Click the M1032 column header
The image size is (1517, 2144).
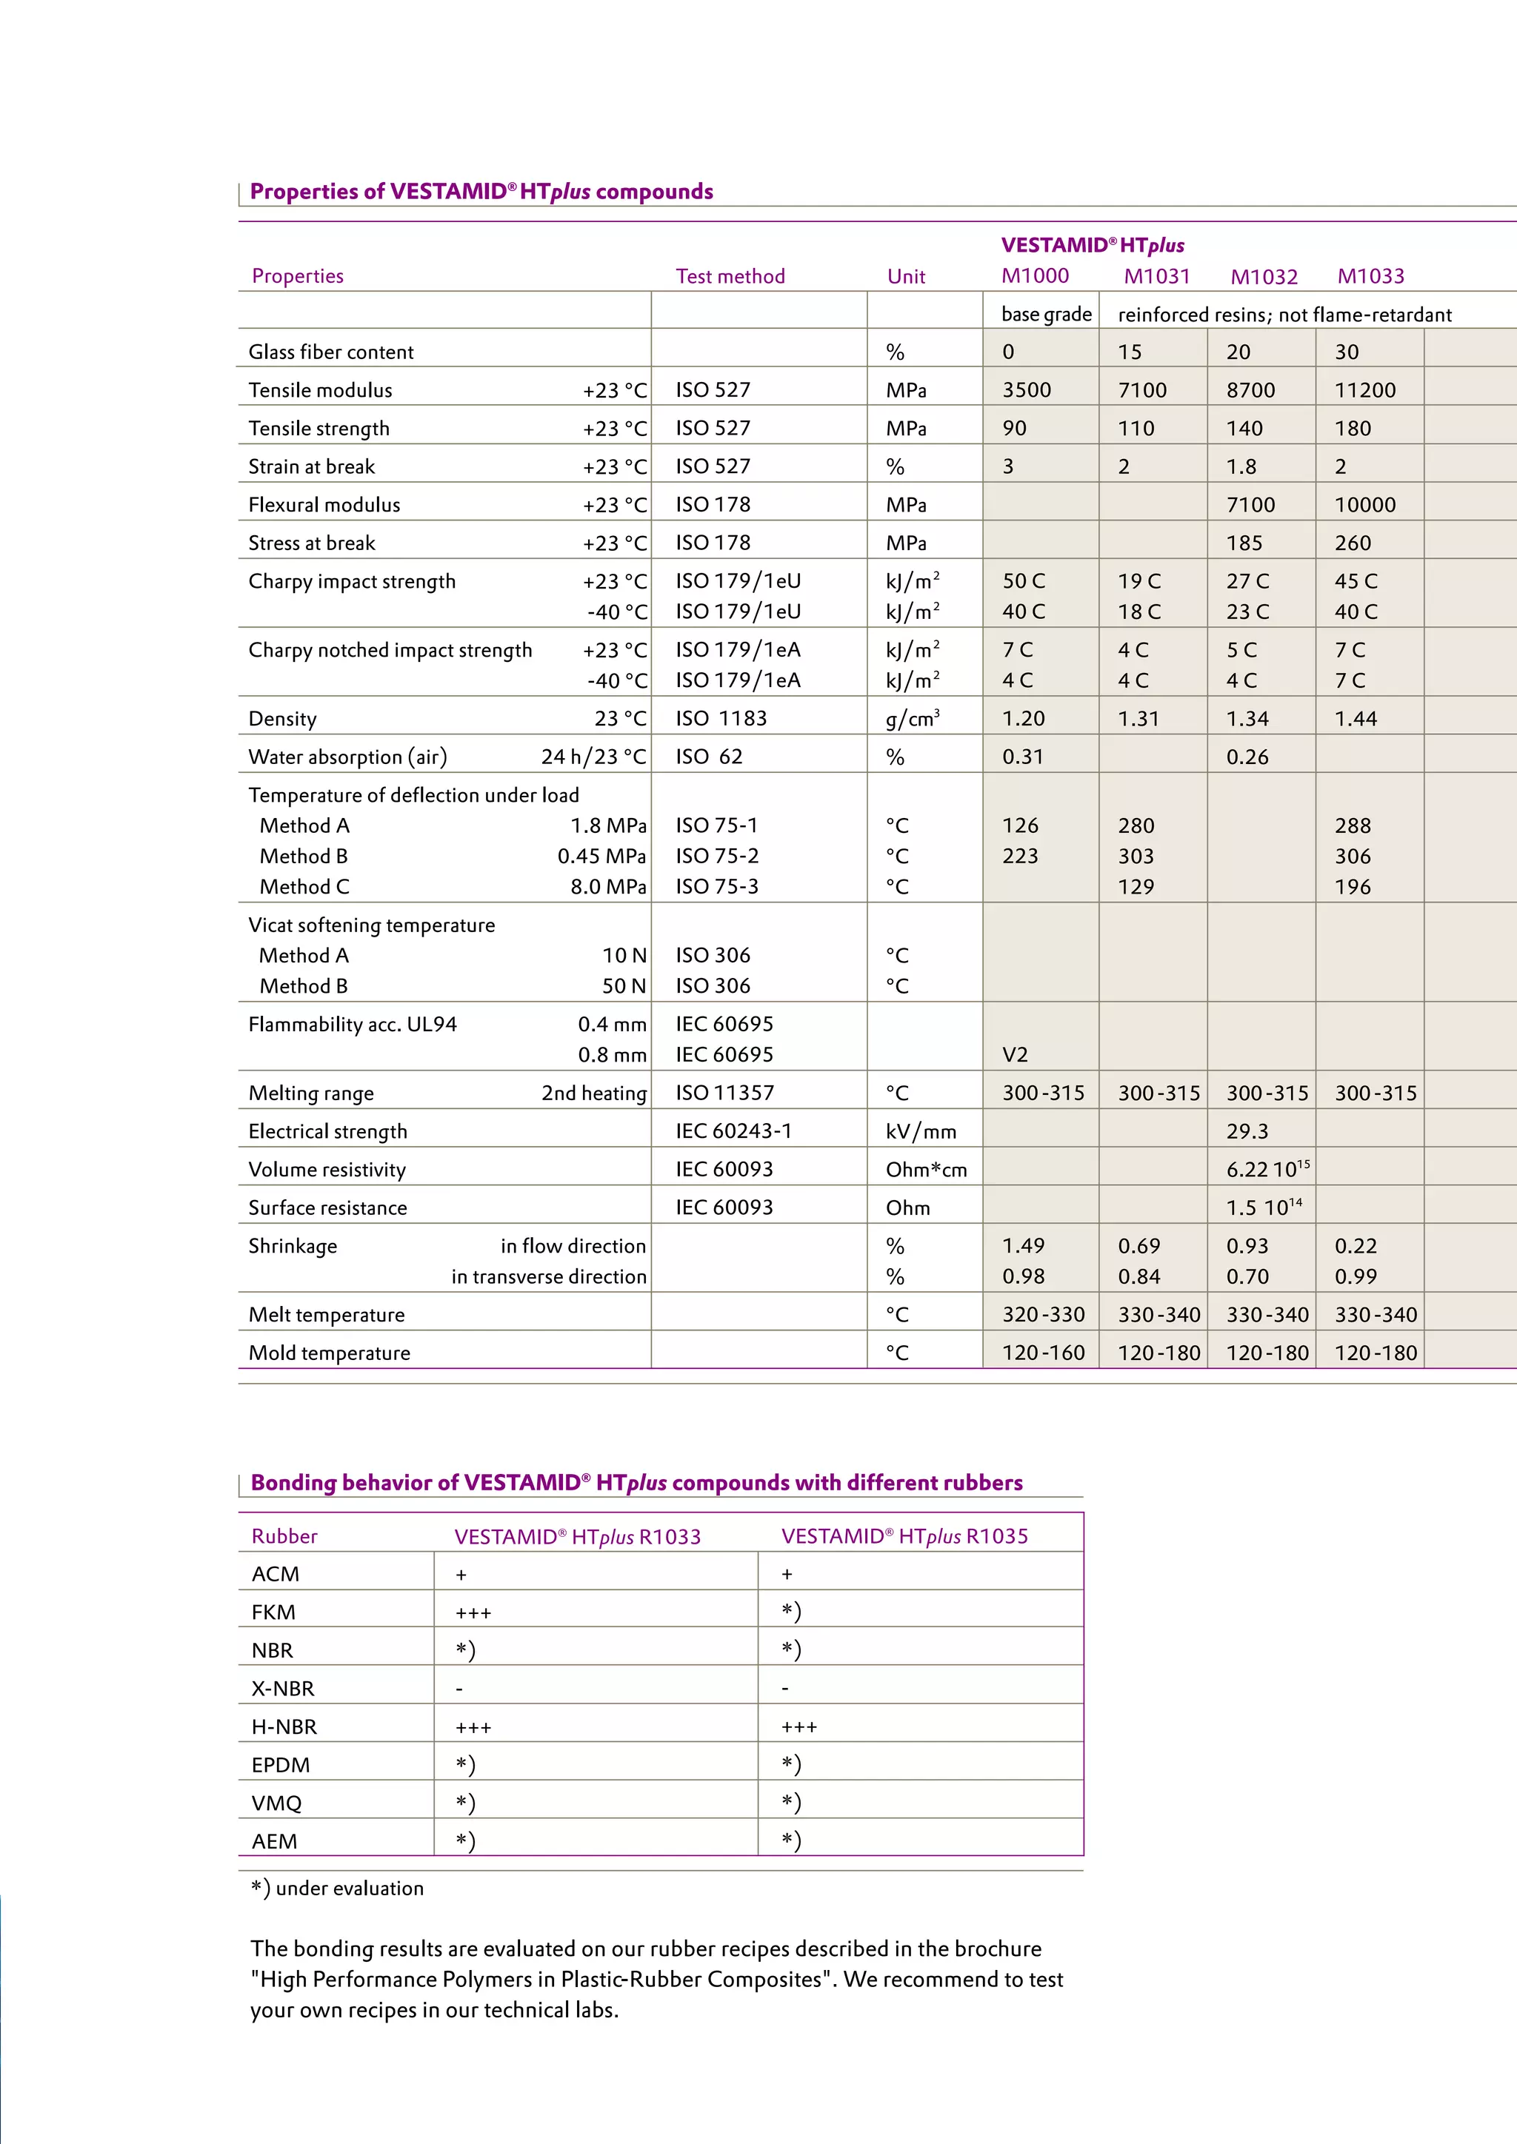click(x=1264, y=276)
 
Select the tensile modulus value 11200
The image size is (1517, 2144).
click(x=1364, y=390)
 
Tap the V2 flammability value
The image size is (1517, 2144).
click(x=1015, y=1055)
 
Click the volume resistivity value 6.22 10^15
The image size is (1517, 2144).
click(x=1267, y=1169)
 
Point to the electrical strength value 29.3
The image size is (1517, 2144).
click(x=1247, y=1132)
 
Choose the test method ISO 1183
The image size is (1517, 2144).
click(x=721, y=719)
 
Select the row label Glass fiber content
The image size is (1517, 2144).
click(x=330, y=352)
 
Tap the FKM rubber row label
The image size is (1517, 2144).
click(x=273, y=1612)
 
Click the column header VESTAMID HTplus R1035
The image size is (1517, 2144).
click(x=904, y=1537)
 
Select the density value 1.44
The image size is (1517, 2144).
click(x=1356, y=719)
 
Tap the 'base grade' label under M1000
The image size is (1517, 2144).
click(x=1046, y=315)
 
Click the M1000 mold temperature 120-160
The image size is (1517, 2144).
click(x=1044, y=1353)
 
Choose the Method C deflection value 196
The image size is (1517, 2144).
click(x=1353, y=887)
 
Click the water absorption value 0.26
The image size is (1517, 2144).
click(x=1247, y=757)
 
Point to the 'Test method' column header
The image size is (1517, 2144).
click(x=730, y=276)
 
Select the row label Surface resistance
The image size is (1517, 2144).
click(x=328, y=1208)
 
